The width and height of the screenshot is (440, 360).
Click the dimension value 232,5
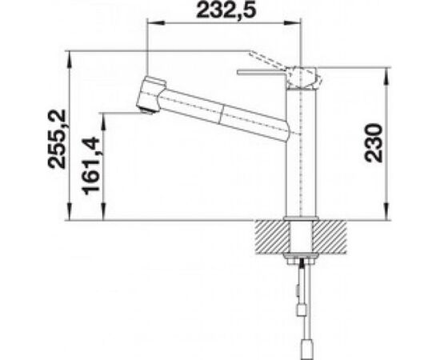226,10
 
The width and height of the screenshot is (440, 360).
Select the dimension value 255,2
57,138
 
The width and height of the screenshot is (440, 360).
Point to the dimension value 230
374,143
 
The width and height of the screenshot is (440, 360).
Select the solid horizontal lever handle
262,74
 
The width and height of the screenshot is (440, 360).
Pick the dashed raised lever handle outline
269,60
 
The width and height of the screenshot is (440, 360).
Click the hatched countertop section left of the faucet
272,237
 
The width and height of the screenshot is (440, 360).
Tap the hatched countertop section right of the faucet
330,237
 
